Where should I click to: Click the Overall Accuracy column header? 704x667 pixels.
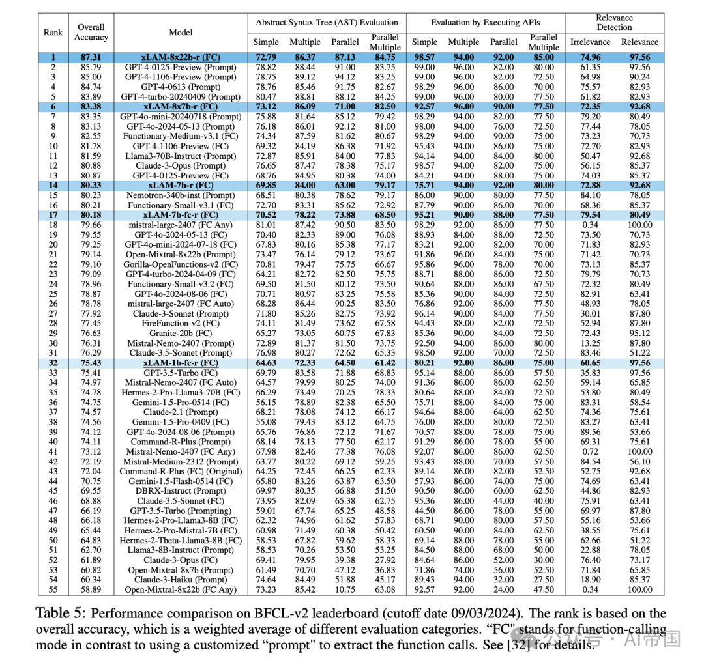pos(91,32)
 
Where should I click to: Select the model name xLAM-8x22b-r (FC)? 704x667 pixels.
pos(181,57)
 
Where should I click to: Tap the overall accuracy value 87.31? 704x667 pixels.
pos(91,57)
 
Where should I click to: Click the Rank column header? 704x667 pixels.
pos(53,32)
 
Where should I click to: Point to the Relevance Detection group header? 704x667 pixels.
pos(614,22)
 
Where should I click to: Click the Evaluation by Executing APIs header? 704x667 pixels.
pos(485,22)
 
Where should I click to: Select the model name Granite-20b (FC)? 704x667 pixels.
pos(181,333)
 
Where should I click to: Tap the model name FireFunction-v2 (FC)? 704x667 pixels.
pos(181,324)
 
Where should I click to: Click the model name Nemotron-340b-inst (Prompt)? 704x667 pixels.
pos(181,195)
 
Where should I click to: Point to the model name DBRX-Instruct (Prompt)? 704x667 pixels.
pos(181,490)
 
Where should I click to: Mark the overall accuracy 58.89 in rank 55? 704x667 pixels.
pos(91,589)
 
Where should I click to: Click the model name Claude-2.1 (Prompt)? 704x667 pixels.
pos(181,412)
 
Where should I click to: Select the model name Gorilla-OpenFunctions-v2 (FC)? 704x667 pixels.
pos(181,264)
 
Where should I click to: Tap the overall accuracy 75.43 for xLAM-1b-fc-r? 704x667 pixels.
pos(91,363)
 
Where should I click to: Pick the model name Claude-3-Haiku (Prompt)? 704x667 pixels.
pos(181,580)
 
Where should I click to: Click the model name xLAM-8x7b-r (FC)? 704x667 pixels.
pos(181,106)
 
